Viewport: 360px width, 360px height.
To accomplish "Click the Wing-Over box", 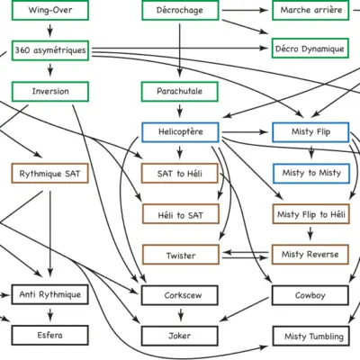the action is (x=50, y=10).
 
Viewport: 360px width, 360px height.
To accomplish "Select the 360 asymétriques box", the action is (x=50, y=50).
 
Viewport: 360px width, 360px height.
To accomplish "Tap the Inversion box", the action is (x=50, y=92).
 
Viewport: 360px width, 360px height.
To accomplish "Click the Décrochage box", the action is (x=180, y=10).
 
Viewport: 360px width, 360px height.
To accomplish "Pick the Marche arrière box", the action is (x=310, y=10).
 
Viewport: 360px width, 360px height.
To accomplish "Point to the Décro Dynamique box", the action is (x=310, y=49).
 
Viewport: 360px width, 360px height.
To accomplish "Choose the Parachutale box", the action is (x=180, y=92).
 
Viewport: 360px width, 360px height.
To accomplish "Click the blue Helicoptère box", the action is (x=180, y=132).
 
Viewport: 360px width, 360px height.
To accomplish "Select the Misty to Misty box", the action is (x=311, y=174).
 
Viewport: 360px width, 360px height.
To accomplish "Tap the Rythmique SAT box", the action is (x=49, y=173).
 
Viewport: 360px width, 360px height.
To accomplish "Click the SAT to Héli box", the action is (x=180, y=173).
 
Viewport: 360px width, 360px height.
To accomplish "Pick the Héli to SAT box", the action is (x=181, y=214).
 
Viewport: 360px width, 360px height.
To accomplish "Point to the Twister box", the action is (x=181, y=255).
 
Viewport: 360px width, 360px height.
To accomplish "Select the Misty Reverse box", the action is (x=310, y=255).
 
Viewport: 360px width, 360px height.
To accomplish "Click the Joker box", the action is (x=180, y=336).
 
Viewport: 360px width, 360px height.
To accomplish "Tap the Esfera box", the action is (x=50, y=335).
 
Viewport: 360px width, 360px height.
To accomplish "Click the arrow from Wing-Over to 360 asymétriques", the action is (x=50, y=31).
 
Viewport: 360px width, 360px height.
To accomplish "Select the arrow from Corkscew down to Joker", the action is (x=180, y=315).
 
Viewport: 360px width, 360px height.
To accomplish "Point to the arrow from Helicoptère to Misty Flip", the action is (x=245, y=132).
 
